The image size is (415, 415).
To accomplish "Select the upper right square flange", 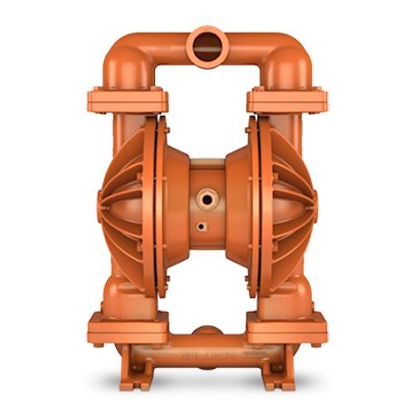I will tap(285, 97).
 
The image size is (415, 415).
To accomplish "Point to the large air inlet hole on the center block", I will tap(207, 193).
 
